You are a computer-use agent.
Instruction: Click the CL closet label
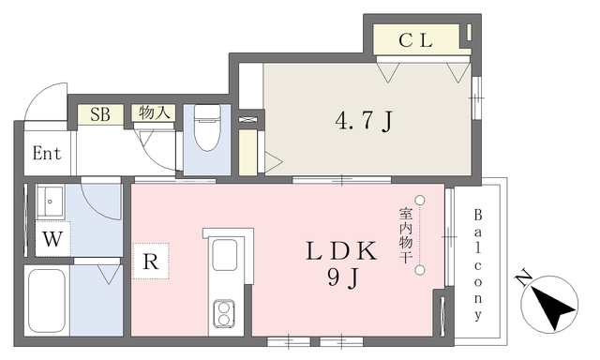pos(415,40)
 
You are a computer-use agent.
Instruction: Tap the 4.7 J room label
pos(364,121)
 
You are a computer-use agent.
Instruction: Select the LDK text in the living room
pos(341,251)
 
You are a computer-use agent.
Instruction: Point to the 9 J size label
pos(343,278)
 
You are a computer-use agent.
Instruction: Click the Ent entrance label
pos(47,154)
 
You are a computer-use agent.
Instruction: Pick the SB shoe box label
pos(100,114)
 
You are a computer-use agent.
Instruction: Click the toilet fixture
pos(207,127)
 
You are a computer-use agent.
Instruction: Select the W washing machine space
pos(52,239)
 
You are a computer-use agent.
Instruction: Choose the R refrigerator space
pos(151,262)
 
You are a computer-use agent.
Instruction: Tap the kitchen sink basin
pos(225,255)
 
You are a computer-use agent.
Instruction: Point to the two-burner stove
pos(224,313)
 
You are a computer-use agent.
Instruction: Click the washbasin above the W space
pos(50,202)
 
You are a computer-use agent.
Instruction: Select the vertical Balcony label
pos(478,264)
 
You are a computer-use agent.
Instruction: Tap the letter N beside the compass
pos(523,278)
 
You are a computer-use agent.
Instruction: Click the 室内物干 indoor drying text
pos(405,235)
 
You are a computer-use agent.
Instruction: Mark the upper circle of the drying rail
pos(420,200)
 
